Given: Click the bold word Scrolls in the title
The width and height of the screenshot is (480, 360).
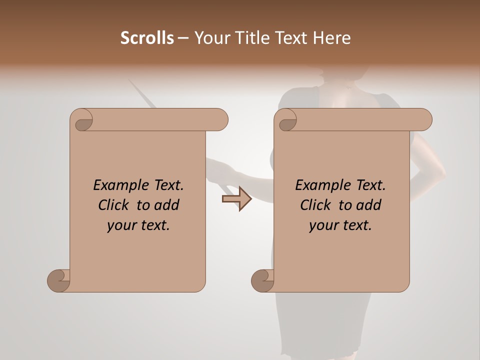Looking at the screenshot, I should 147,38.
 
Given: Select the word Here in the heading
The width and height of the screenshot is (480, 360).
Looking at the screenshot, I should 331,38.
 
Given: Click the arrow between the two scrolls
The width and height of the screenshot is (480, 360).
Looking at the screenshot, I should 236,198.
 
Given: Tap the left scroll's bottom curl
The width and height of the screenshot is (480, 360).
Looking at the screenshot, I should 58,280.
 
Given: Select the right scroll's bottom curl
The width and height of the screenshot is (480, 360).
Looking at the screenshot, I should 262,280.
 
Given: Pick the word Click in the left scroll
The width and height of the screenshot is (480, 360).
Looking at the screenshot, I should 115,205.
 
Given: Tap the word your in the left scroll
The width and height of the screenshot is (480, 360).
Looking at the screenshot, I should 120,225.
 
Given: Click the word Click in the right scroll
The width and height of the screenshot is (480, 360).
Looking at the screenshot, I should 316,205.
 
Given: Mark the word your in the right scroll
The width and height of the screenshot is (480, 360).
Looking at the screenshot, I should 322,225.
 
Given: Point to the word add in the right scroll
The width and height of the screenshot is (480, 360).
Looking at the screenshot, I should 369,205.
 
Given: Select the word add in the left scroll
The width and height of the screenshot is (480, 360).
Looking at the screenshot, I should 167,205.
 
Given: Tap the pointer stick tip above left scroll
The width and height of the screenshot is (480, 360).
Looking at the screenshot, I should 131,82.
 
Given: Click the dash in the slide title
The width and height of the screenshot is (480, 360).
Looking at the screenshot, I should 183,38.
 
